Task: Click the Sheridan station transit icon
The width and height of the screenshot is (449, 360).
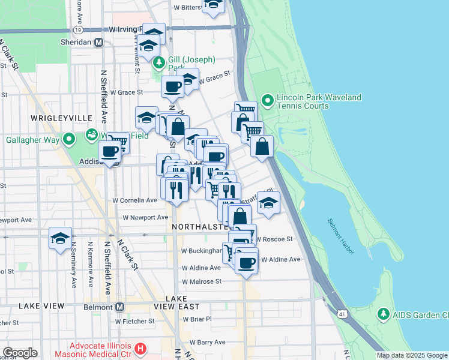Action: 99,43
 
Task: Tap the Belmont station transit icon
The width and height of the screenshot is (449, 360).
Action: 119,307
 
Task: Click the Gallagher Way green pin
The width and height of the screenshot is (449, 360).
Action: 69,140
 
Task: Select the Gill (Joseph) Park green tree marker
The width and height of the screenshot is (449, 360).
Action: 159,62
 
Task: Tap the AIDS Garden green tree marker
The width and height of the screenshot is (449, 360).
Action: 383,314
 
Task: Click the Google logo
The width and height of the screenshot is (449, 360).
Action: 20,353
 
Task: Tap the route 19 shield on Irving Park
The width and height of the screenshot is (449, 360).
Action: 78,29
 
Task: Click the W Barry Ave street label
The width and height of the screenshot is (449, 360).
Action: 207,342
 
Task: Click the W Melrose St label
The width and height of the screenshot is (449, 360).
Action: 202,281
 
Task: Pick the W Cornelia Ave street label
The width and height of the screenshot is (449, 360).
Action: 134,200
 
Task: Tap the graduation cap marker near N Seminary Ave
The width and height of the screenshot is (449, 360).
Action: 61,238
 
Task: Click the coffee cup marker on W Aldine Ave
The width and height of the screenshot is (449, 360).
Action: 246,262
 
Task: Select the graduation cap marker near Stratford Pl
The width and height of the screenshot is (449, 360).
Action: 268,203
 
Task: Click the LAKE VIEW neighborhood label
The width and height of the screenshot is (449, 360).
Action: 41,306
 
